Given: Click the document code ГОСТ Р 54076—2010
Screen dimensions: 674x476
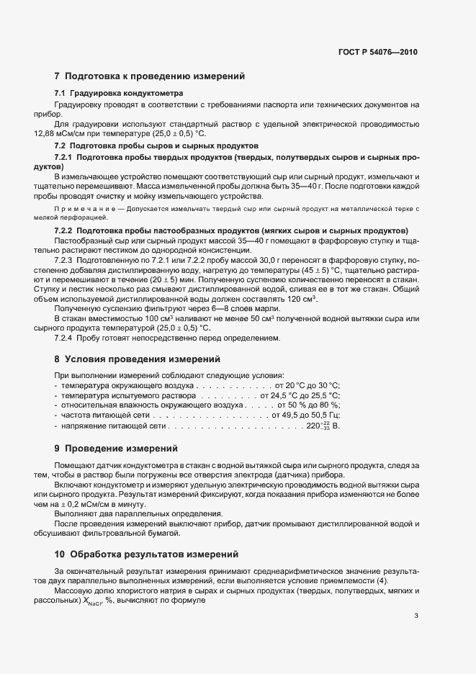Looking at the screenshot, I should pos(378,53).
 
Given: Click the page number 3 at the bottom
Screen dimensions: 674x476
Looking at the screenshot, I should pos(416,615).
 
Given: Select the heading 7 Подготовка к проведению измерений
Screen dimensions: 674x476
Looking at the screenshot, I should pos(150,76).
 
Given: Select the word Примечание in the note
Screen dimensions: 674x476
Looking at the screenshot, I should pos(88,209).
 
